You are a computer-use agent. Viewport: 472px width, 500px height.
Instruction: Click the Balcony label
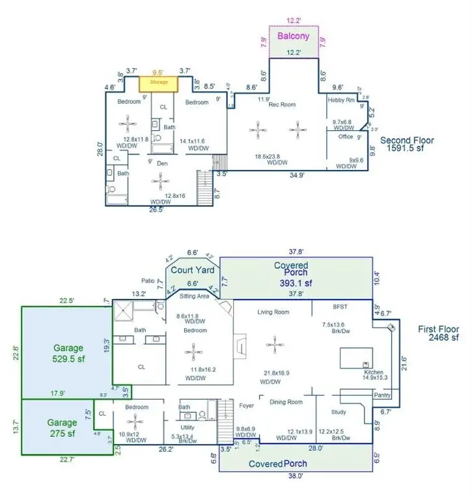[294, 36]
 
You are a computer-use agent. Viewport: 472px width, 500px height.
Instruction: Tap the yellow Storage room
[160, 83]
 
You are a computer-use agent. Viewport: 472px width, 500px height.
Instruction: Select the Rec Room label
[283, 105]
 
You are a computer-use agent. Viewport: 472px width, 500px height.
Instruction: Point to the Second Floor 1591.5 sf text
[407, 145]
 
